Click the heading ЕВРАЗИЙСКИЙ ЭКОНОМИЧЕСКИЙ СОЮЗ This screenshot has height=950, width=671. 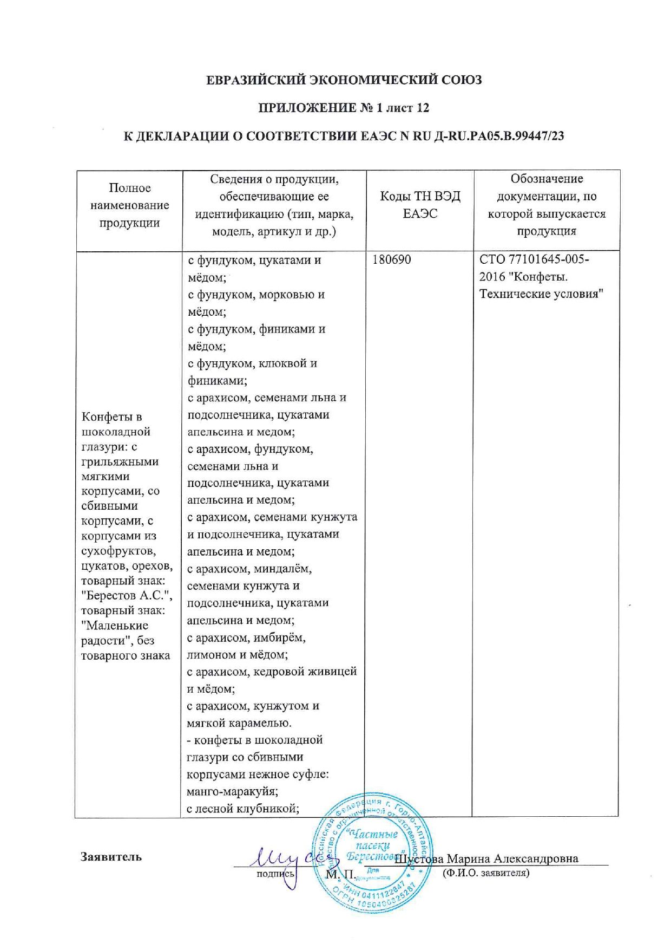click(x=344, y=80)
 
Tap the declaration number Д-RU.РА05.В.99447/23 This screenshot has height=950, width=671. click(x=499, y=136)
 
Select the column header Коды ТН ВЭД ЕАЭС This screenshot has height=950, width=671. click(x=420, y=205)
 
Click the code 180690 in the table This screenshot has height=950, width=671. click(x=391, y=260)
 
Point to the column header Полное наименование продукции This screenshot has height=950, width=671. click(x=129, y=205)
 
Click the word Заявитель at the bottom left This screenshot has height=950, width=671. click(x=111, y=857)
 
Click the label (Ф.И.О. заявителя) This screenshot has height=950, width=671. click(x=485, y=873)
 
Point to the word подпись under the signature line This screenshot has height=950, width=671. click(x=275, y=874)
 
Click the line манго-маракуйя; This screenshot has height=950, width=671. click(x=232, y=791)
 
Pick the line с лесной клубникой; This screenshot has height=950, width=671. click(x=243, y=809)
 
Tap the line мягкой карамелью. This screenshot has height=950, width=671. click(x=239, y=723)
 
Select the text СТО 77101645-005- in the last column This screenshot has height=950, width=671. click(x=534, y=259)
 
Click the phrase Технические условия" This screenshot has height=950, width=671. click(x=541, y=294)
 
